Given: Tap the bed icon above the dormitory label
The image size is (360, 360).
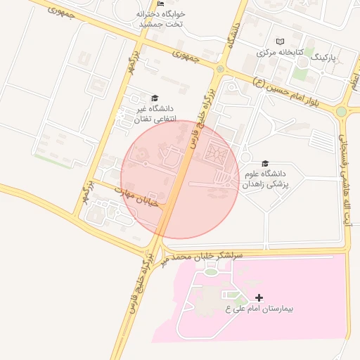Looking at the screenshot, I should coord(163,4).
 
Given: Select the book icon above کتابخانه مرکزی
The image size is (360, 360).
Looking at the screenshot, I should coord(281,41).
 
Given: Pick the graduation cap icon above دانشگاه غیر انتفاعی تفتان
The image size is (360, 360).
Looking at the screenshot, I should coord(155,98).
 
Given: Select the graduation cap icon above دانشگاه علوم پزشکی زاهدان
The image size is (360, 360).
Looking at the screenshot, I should coord(265,163).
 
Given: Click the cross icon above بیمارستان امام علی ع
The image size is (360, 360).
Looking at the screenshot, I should coord(259,298).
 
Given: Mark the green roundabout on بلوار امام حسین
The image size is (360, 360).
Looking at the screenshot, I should coord(342,111).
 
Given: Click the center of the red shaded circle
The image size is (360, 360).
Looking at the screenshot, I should coord(180,179).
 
